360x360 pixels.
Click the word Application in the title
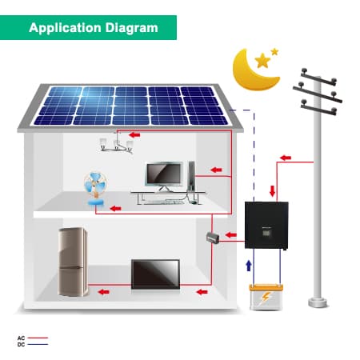click(x=65, y=28)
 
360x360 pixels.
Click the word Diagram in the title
click(x=131, y=28)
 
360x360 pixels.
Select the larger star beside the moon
click(x=262, y=61)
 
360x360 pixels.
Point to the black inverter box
click(x=266, y=226)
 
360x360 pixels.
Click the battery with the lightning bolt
click(x=266, y=297)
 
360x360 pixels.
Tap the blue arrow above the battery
click(x=249, y=266)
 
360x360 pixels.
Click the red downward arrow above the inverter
click(x=272, y=191)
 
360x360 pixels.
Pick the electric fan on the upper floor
click(x=95, y=189)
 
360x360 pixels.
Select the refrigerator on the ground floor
click(x=73, y=262)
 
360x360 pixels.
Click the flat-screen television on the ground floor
click(x=155, y=274)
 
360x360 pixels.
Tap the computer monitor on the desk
click(x=164, y=176)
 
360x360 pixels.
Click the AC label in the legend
click(x=21, y=338)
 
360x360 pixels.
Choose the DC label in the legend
click(x=21, y=345)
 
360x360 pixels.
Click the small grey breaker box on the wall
click(x=213, y=238)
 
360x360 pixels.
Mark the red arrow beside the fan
click(x=116, y=208)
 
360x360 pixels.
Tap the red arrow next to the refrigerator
click(x=103, y=292)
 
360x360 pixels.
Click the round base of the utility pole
click(x=318, y=302)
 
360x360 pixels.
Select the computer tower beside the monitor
click(x=191, y=176)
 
